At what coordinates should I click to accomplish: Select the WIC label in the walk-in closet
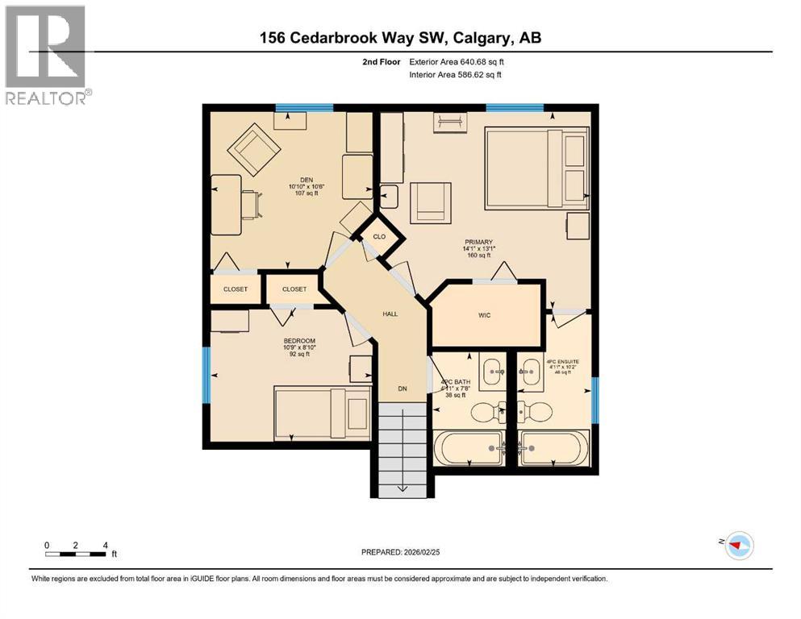[483, 315]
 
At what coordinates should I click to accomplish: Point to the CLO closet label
[379, 237]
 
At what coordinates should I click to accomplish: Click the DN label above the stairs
[402, 388]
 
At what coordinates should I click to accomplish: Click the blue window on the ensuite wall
[595, 400]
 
